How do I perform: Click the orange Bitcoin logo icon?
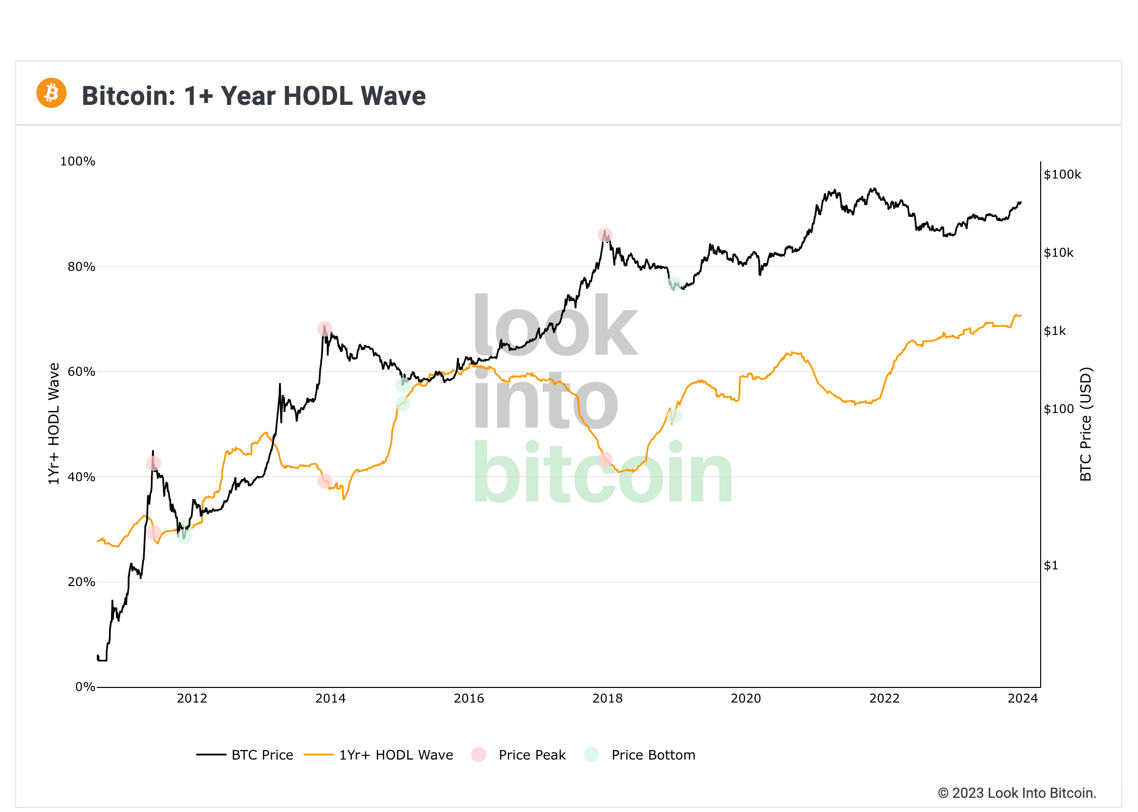pos(51,93)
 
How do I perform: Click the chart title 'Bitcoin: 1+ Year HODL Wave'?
pos(254,96)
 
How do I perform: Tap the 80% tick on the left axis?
pos(81,267)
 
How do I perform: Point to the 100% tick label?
pos(78,161)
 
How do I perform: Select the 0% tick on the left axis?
pos(85,687)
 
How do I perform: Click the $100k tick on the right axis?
pos(1062,175)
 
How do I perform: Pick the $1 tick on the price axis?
pos(1051,565)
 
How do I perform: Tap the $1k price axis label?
pos(1055,331)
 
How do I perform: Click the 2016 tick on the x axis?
pos(469,699)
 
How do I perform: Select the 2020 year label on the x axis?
pos(746,699)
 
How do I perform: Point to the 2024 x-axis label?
pos(1022,699)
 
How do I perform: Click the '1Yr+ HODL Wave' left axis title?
pos(53,424)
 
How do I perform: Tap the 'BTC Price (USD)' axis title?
pos(1086,424)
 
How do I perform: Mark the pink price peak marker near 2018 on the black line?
pos(605,235)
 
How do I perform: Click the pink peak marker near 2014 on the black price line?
pos(325,329)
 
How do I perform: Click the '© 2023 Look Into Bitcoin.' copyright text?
pos(1017,793)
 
